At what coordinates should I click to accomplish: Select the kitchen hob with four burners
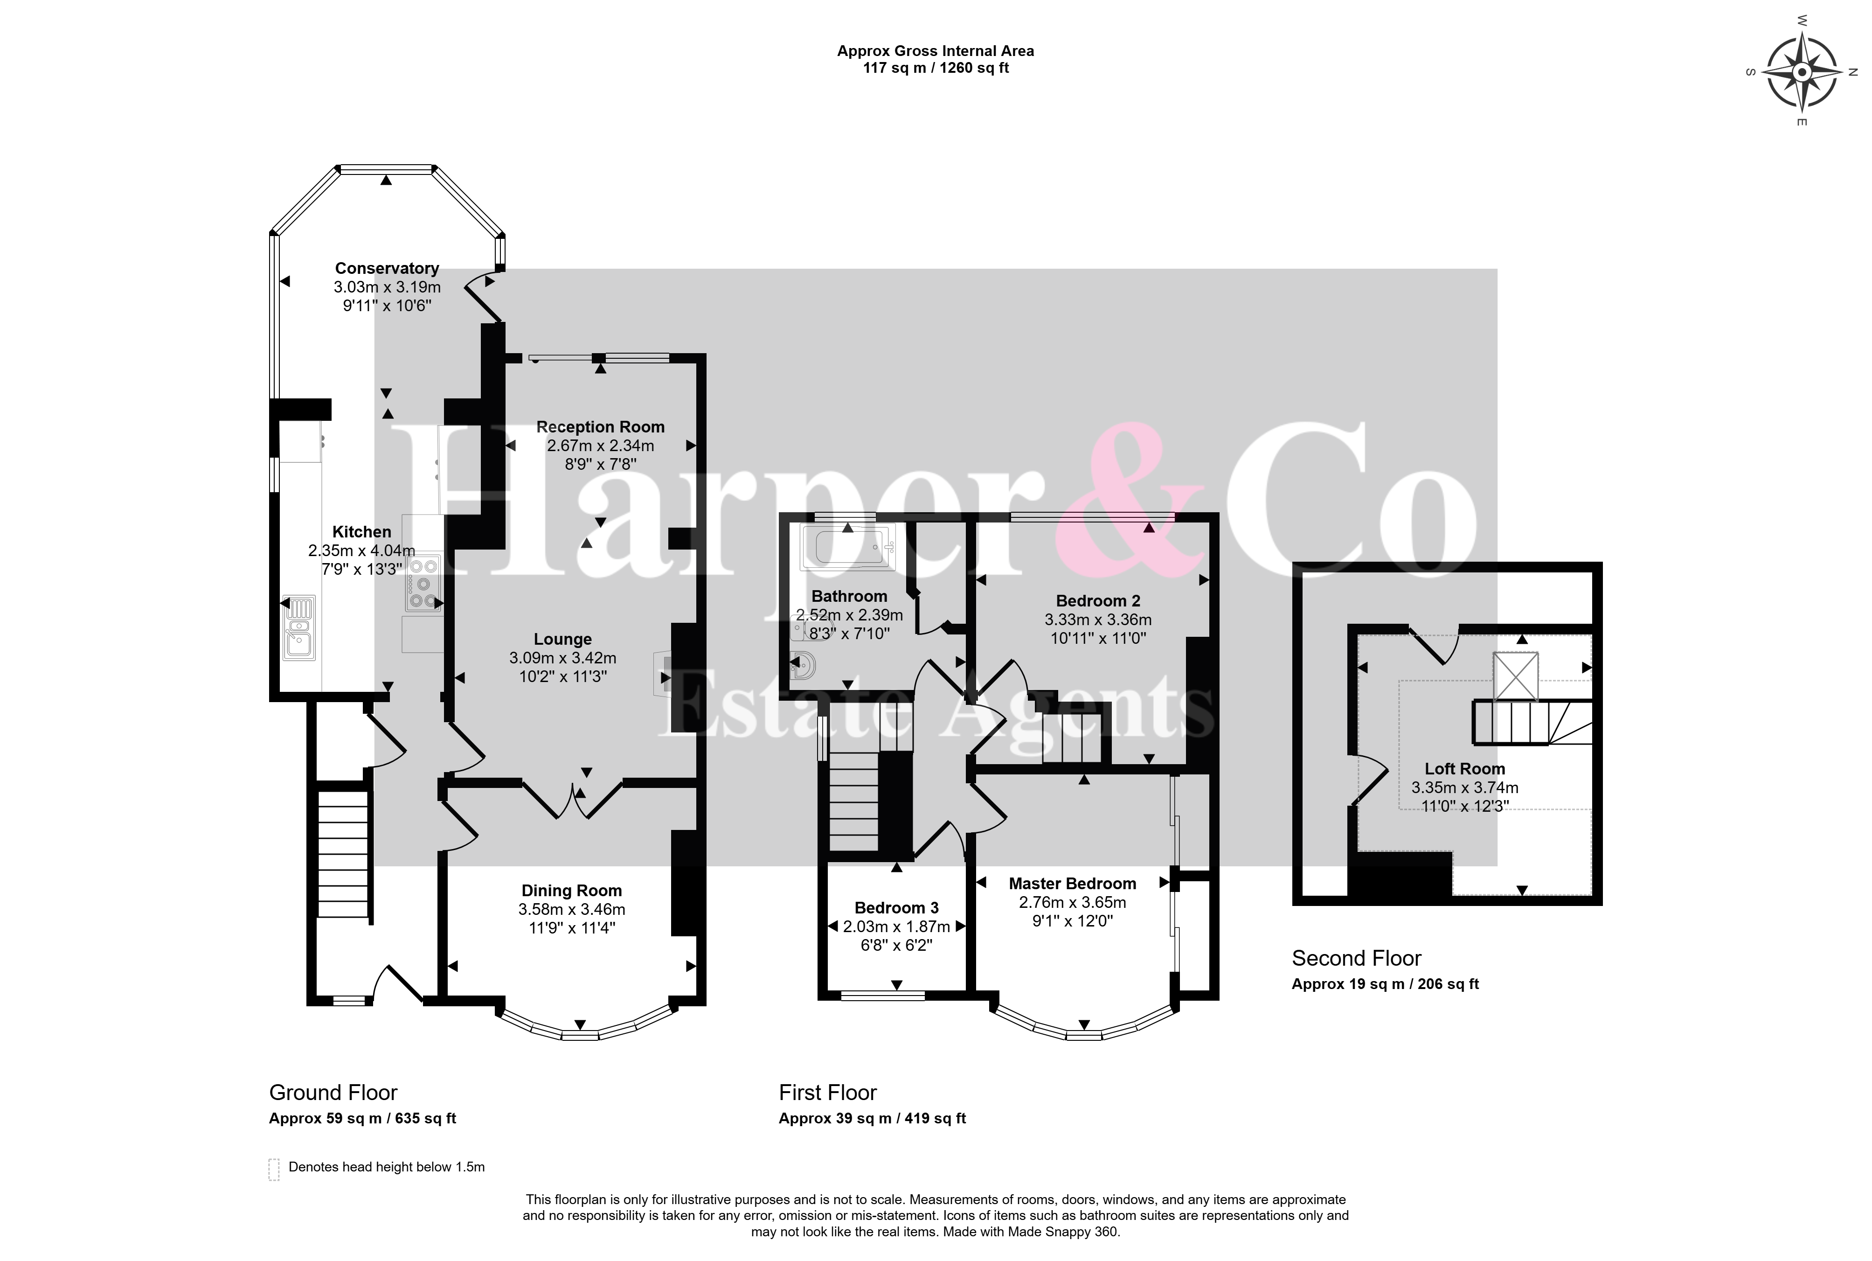423,581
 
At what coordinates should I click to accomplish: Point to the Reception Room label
600,427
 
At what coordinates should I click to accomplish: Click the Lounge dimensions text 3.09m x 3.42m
562,658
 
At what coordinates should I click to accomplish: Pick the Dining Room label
571,890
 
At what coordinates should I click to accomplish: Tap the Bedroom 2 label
1098,601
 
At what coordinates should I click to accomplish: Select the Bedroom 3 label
896,908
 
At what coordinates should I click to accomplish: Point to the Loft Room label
1464,769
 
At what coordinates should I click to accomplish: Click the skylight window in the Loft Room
1515,676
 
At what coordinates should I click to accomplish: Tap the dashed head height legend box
274,1169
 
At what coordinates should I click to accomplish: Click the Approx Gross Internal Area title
936,51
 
